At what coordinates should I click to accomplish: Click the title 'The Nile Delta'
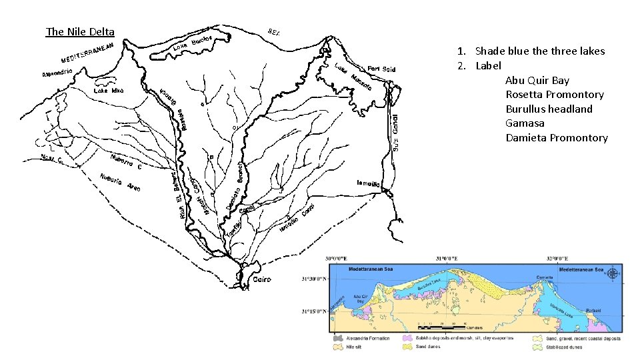coord(80,32)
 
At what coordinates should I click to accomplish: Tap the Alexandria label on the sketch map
coord(56,73)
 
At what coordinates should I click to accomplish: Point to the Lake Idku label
coord(108,90)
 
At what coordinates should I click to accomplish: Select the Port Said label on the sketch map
coord(381,69)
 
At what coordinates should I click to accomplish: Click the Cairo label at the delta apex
coord(262,280)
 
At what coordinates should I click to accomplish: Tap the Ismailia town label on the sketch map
coord(367,183)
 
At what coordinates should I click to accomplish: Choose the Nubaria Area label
coord(120,183)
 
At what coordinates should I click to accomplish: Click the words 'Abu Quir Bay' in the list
coord(537,81)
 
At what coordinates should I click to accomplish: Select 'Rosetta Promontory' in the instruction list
coord(555,95)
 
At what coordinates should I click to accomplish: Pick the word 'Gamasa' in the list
coord(525,123)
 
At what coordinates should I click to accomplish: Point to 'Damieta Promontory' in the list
coord(557,138)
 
